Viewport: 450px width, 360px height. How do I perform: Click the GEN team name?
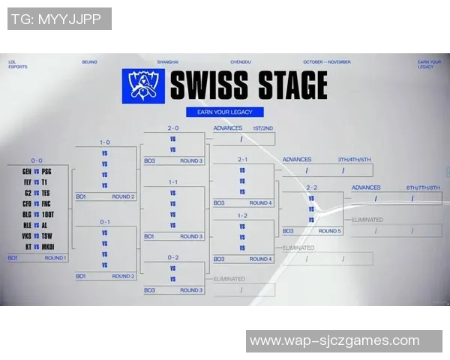[26, 171]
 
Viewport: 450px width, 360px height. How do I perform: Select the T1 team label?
[46, 181]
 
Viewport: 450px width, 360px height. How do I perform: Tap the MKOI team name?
[48, 246]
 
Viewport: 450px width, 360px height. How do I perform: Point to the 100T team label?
[48, 214]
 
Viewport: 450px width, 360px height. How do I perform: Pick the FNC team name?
[47, 203]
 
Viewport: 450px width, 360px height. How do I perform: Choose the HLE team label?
[26, 224]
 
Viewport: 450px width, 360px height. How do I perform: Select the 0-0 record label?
[36, 160]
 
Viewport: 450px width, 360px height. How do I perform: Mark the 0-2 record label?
[173, 257]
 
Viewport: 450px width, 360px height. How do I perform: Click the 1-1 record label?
[173, 181]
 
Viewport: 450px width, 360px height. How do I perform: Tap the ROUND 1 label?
[55, 258]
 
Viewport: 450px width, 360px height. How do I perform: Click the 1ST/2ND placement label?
[262, 128]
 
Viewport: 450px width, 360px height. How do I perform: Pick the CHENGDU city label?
[240, 61]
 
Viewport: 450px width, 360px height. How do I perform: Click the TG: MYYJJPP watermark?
[59, 19]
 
